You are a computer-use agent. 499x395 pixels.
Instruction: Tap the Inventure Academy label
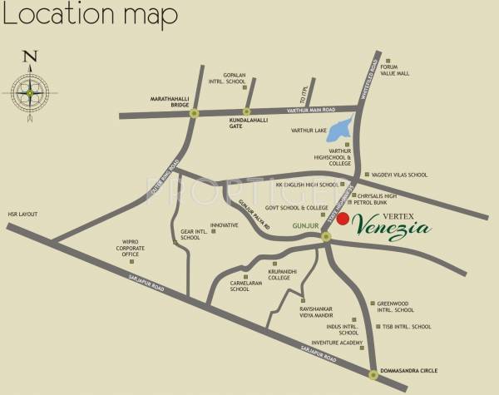point(338,343)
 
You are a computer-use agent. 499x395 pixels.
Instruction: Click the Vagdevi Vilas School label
point(402,175)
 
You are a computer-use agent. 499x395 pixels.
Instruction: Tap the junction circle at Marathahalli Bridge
point(195,112)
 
